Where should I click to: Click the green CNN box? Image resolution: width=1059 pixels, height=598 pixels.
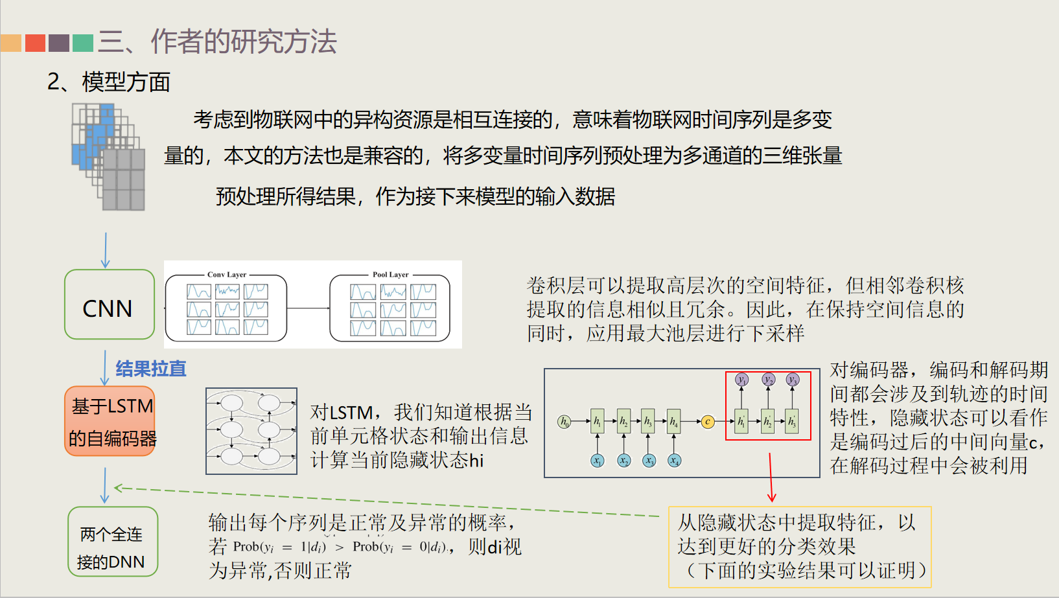pyautogui.click(x=110, y=305)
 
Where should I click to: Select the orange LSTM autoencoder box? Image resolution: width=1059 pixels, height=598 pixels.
pyautogui.click(x=110, y=421)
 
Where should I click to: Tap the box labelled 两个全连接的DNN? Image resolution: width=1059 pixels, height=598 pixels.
pyautogui.click(x=113, y=542)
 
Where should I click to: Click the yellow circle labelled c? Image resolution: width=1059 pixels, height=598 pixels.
pyautogui.click(x=708, y=422)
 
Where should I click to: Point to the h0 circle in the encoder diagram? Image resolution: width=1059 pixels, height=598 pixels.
pyautogui.click(x=564, y=422)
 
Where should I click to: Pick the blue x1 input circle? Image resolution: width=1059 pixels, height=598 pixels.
pyautogui.click(x=597, y=461)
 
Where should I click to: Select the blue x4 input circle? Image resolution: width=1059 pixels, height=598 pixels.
pyautogui.click(x=674, y=461)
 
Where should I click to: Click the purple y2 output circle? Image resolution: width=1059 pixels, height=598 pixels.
pyautogui.click(x=768, y=380)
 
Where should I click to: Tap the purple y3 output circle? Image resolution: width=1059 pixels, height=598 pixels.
pyautogui.click(x=792, y=380)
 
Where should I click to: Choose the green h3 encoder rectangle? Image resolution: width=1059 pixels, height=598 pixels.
pyautogui.click(x=648, y=422)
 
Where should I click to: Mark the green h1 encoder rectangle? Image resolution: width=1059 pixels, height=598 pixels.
pyautogui.click(x=597, y=422)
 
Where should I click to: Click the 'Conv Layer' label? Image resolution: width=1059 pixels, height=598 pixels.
pyautogui.click(x=227, y=275)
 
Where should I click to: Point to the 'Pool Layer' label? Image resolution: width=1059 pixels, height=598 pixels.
pyautogui.click(x=390, y=275)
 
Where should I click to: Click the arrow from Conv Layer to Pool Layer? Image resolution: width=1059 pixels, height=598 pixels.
pyautogui.click(x=308, y=308)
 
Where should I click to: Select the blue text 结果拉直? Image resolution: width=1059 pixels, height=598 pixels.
pyautogui.click(x=151, y=369)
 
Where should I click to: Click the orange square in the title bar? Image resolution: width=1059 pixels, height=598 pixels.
pyautogui.click(x=11, y=43)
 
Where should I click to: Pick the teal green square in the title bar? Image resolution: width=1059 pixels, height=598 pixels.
pyautogui.click(x=83, y=43)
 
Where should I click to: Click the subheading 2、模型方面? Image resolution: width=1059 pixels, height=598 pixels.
pyautogui.click(x=108, y=82)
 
